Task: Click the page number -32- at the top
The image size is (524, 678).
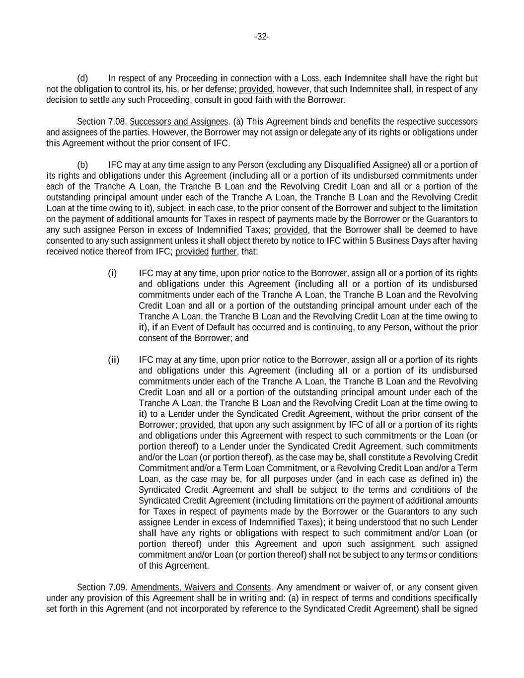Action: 262,37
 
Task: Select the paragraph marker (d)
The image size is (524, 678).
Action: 82,78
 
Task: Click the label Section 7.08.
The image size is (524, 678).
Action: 102,122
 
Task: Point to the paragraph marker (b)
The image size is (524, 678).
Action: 82,165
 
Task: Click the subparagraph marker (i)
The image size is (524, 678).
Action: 112,273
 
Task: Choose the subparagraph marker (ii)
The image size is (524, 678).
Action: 114,360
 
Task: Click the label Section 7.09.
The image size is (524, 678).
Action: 102,588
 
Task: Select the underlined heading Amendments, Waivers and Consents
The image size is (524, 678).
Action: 201,588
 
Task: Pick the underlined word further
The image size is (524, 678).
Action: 224,252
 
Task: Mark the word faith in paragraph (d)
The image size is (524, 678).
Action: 263,100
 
